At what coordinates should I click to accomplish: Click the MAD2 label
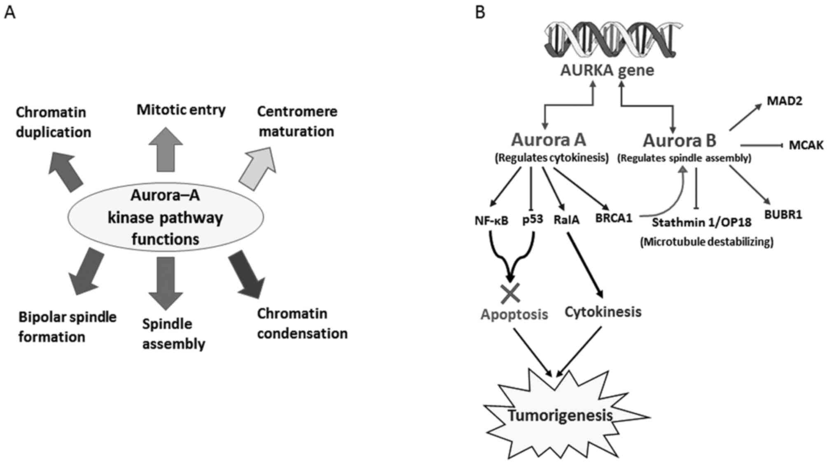784,101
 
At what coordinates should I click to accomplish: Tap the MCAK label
806,145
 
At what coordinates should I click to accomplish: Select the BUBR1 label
783,215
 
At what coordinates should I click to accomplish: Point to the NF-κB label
491,221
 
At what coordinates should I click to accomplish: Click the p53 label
533,219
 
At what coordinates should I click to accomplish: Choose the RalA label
566,220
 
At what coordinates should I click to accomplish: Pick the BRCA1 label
613,218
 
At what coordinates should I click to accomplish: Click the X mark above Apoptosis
510,293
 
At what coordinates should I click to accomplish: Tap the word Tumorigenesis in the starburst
560,415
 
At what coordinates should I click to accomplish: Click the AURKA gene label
607,70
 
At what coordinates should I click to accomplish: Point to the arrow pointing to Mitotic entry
166,150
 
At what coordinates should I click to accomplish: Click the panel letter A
9,13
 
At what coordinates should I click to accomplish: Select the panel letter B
480,13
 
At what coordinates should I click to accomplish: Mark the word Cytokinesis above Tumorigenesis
603,312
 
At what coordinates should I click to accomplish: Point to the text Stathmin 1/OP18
701,223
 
